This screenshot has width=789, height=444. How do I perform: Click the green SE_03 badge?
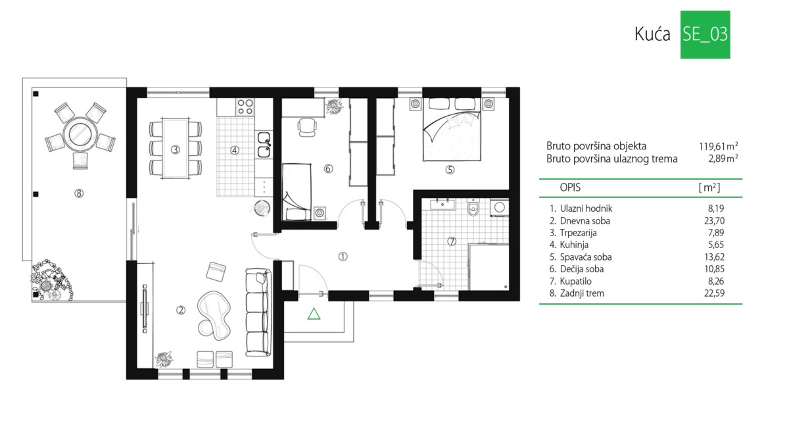click(705, 34)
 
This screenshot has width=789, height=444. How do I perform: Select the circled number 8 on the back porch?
click(79, 193)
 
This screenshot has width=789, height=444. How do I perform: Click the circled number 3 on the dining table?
click(175, 149)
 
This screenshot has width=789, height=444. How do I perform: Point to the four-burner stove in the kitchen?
click(245, 107)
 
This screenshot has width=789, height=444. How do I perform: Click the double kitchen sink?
click(264, 145)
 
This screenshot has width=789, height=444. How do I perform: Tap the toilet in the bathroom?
click(473, 208)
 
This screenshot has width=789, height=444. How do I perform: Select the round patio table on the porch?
click(80, 135)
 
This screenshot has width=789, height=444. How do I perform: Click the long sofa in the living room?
click(258, 312)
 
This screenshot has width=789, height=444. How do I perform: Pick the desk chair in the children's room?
click(307, 126)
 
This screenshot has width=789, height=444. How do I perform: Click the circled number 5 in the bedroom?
click(450, 170)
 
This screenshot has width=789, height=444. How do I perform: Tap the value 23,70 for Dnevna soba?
click(714, 221)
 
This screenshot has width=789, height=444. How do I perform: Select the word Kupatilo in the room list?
click(575, 282)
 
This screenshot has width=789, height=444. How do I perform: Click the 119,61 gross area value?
click(712, 146)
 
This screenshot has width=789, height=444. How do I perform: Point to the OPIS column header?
click(570, 187)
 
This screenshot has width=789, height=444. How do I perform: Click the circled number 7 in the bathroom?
click(452, 241)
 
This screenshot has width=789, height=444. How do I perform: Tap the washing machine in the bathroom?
click(499, 208)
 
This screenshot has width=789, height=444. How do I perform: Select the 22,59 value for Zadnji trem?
click(714, 293)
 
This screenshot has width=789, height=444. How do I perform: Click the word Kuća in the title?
click(652, 34)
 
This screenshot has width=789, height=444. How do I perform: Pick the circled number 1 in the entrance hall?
click(343, 257)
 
